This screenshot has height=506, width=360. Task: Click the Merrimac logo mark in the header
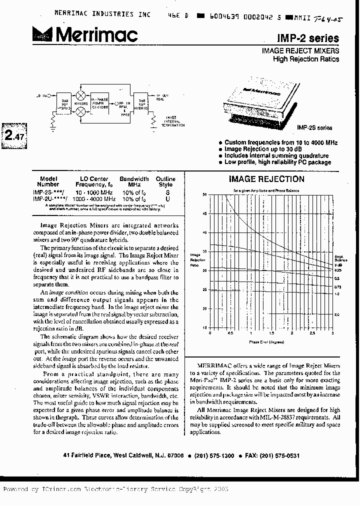pyautogui.click(x=43, y=34)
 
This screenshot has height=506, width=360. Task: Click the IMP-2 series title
pyautogui.click(x=315, y=38)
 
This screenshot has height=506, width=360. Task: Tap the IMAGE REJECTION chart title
pyautogui.click(x=266, y=179)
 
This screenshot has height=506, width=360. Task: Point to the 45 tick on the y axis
pyautogui.click(x=204, y=213)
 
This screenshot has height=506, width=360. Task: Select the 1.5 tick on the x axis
pyautogui.click(x=271, y=332)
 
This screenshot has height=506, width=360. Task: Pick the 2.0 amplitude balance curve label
pyautogui.click(x=337, y=314)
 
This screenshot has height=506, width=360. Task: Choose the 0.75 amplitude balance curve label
pyautogui.click(x=337, y=286)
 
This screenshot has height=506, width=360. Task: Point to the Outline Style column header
pyautogui.click(x=165, y=181)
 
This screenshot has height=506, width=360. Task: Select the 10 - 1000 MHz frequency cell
pyautogui.click(x=94, y=192)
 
